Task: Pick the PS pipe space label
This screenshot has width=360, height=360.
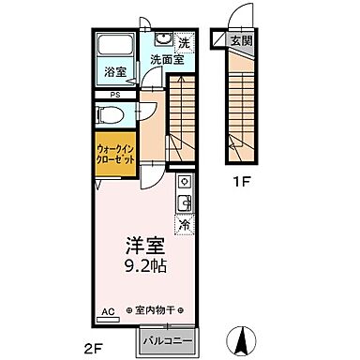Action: [x=113, y=95]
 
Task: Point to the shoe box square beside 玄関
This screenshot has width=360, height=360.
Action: [x=218, y=40]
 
